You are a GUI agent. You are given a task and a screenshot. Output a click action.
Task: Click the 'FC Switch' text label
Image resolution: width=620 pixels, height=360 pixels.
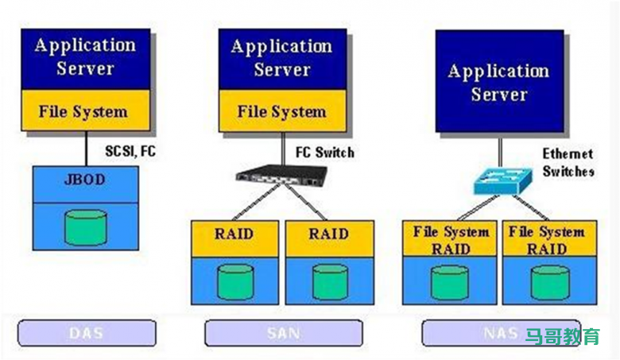click(x=324, y=151)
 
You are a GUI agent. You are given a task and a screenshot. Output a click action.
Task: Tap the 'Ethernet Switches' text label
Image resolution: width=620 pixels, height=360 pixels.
click(x=568, y=161)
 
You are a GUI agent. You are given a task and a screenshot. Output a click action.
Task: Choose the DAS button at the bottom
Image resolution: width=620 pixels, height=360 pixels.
click(x=87, y=333)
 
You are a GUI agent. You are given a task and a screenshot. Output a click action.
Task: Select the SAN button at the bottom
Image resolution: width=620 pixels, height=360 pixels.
click(x=283, y=333)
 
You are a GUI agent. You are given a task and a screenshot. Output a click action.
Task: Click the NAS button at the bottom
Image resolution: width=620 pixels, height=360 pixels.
click(x=500, y=333)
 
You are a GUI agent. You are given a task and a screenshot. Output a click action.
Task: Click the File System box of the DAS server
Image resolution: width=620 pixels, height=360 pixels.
click(x=85, y=111)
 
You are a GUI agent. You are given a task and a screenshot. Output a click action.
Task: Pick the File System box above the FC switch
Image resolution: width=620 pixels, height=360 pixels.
click(x=282, y=111)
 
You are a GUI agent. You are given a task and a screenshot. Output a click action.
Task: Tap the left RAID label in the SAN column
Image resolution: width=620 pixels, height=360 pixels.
click(x=234, y=234)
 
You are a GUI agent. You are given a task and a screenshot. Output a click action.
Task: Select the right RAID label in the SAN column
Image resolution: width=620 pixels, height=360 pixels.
click(x=328, y=234)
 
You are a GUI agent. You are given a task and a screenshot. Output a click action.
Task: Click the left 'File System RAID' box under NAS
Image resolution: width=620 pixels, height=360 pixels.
click(x=450, y=240)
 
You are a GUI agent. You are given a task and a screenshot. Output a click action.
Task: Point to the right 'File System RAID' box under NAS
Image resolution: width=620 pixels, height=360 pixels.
click(x=548, y=240)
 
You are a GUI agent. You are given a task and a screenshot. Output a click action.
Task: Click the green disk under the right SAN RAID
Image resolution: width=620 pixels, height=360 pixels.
click(x=328, y=280)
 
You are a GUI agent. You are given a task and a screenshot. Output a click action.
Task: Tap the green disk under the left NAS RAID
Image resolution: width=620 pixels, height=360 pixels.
click(x=450, y=281)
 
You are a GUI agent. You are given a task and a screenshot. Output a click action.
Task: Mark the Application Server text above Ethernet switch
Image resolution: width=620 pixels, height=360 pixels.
click(x=498, y=82)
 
